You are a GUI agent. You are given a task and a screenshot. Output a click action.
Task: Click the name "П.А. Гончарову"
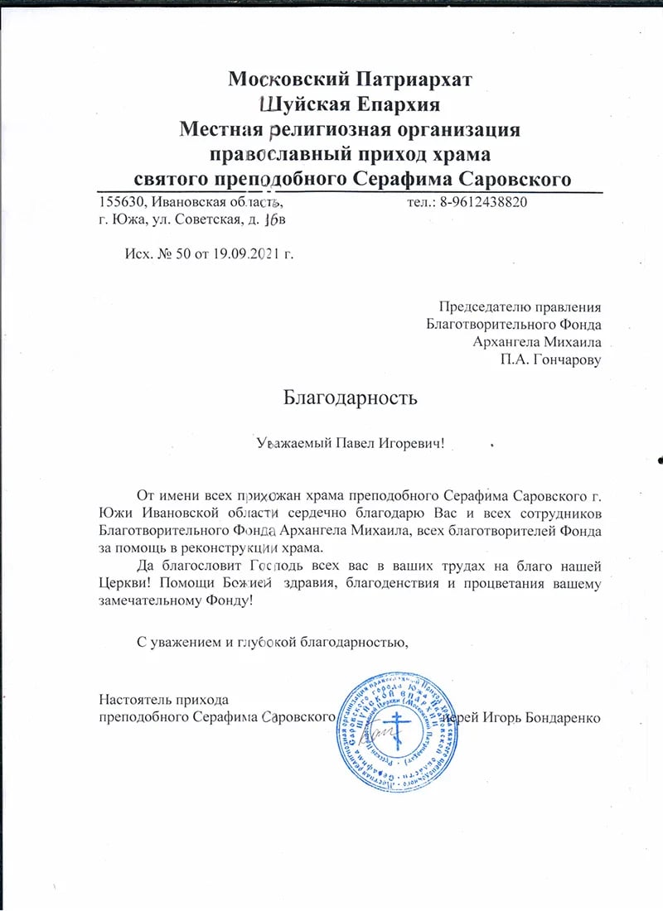coord(550,359)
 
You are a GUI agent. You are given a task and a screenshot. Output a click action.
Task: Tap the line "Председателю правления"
coord(520,307)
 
